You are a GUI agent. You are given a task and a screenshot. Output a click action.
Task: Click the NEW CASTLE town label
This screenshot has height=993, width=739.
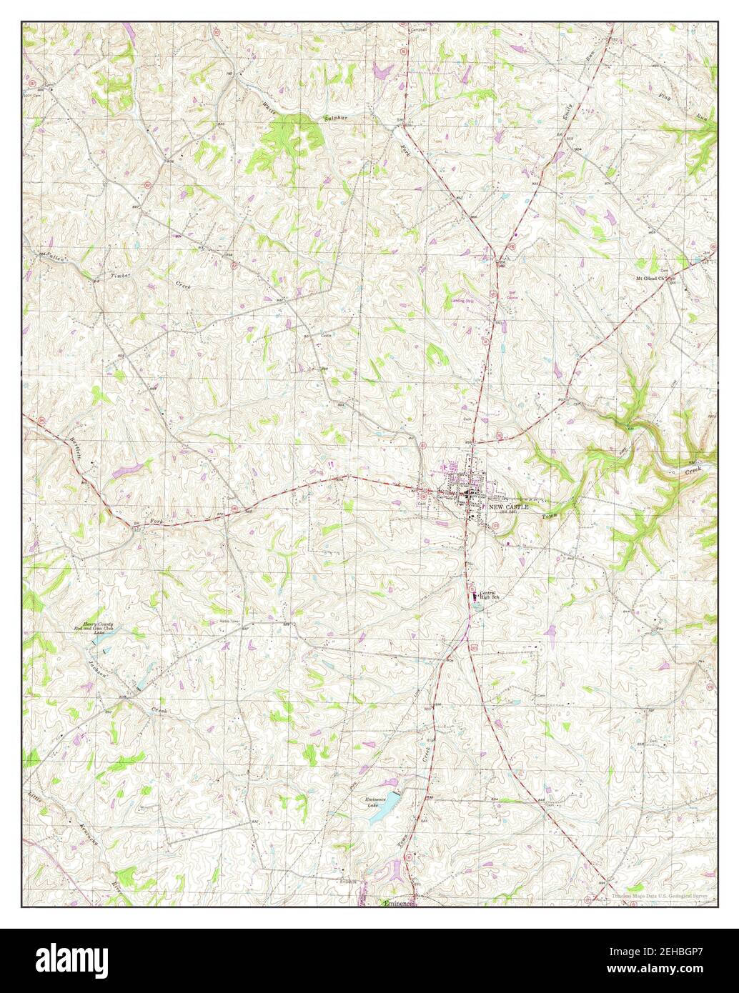(x=509, y=506)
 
